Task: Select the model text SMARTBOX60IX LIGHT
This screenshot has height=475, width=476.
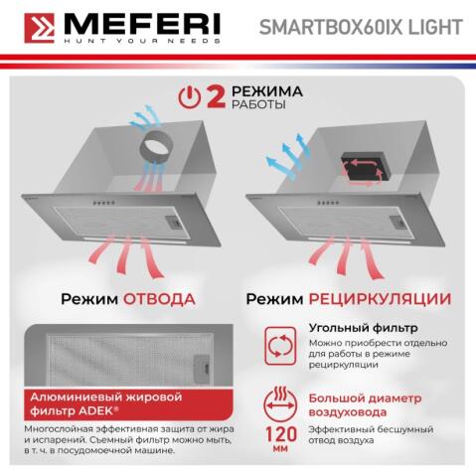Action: click(x=387, y=27)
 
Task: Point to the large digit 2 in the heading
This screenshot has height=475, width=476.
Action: click(x=214, y=95)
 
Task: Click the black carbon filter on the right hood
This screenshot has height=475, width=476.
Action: click(x=362, y=167)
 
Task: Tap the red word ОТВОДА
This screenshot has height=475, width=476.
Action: click(x=159, y=298)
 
